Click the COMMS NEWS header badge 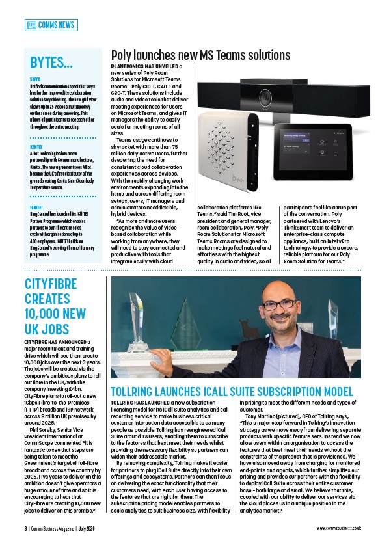coord(51,25)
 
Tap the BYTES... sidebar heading coord(51,62)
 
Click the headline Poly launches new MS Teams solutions coord(200,55)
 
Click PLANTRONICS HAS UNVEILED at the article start coord(144,66)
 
